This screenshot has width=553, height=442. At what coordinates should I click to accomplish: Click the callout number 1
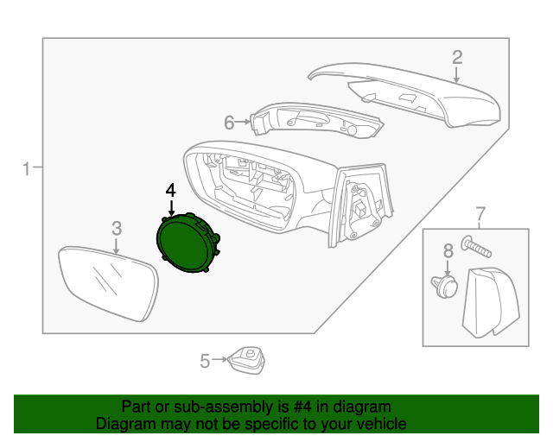(27, 168)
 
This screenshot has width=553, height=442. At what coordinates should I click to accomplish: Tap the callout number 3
(117, 228)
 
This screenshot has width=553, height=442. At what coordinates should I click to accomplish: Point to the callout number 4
(171, 189)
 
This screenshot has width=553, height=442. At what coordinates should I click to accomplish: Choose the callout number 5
(205, 361)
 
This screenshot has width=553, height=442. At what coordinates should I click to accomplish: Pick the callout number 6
(230, 123)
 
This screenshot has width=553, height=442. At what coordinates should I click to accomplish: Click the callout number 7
(480, 213)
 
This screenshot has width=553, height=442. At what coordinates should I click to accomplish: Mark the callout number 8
(448, 251)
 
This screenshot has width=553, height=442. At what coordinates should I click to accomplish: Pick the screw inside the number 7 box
(476, 248)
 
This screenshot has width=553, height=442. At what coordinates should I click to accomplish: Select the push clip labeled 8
(444, 286)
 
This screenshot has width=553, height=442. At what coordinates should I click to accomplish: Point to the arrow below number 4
(171, 207)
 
